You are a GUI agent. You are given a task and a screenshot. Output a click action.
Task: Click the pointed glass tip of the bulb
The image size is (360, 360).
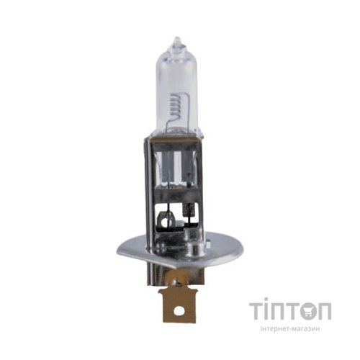pyautogui.click(x=177, y=40)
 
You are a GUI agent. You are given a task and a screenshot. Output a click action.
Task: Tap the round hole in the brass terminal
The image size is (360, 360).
pyautogui.click(x=178, y=310)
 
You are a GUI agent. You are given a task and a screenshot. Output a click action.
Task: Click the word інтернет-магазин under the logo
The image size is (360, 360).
pyautogui.click(x=290, y=329)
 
